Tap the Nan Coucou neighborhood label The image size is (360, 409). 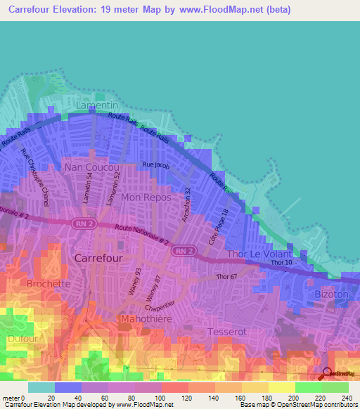tap(91, 168)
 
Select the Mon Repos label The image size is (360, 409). tap(147, 197)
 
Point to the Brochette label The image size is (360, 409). tap(48, 284)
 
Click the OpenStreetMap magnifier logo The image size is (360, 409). tap(326, 372)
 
